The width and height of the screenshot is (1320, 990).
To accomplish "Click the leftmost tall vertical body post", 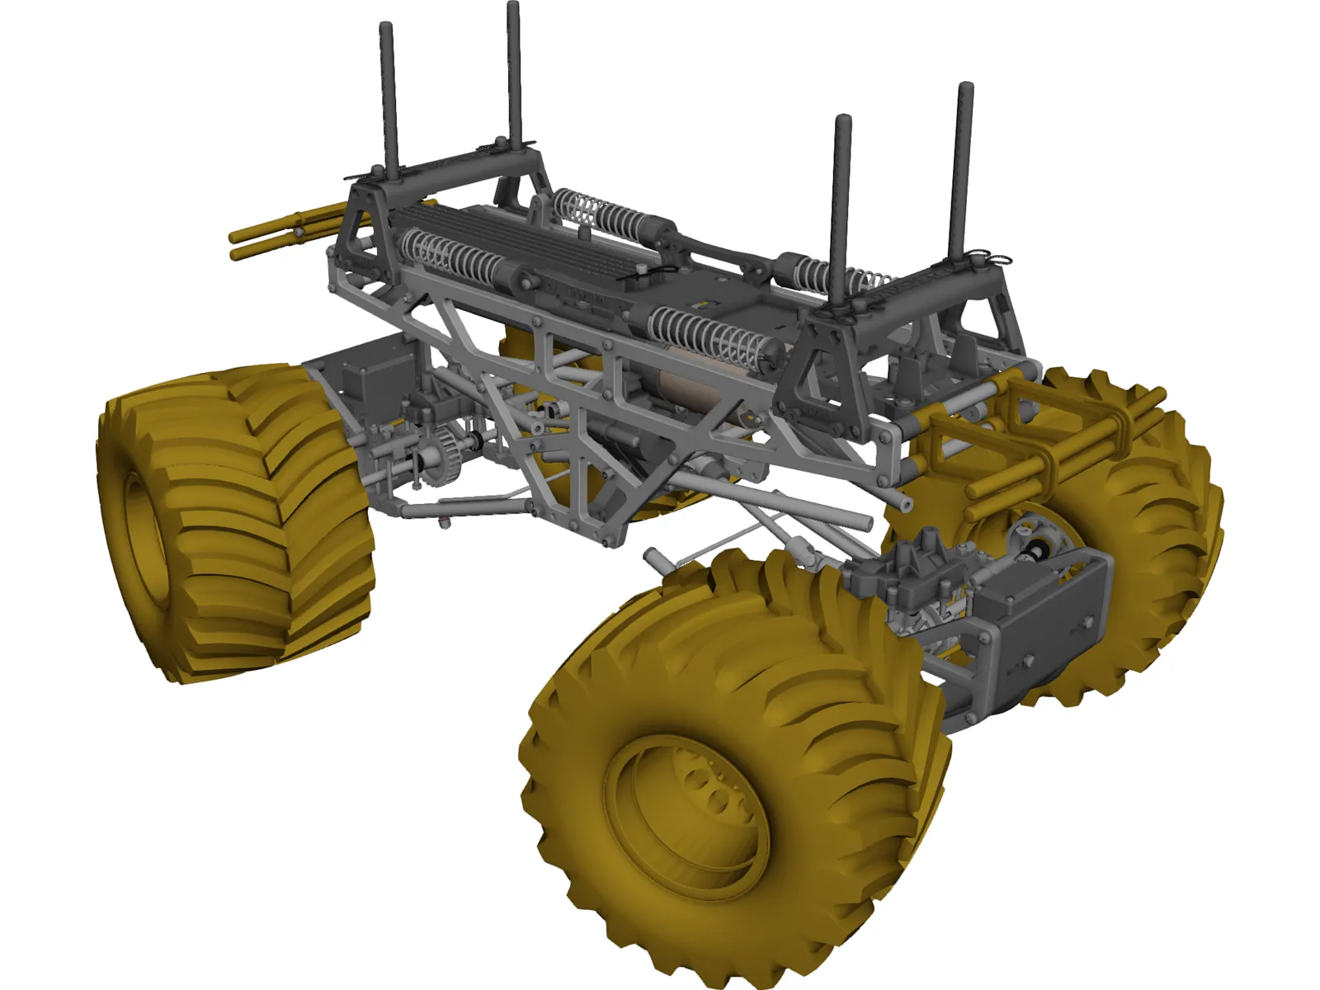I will (389, 99).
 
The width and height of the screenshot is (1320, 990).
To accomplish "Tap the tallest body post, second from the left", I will (514, 74).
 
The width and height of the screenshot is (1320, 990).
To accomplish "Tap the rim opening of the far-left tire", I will (145, 528).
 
